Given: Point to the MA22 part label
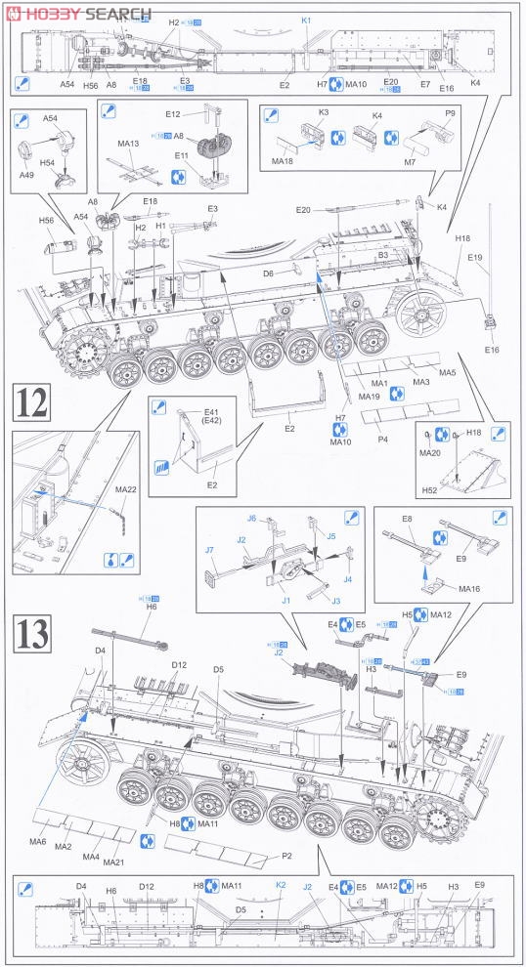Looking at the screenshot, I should click(x=126, y=488).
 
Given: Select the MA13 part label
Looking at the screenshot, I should click(x=128, y=144).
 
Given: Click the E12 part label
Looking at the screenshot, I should click(x=174, y=114).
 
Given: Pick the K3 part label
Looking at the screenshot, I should click(x=324, y=113).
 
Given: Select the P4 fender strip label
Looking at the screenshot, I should click(x=382, y=440).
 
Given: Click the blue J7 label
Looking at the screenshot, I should click(x=209, y=551).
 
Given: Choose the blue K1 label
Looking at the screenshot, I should click(x=305, y=20).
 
